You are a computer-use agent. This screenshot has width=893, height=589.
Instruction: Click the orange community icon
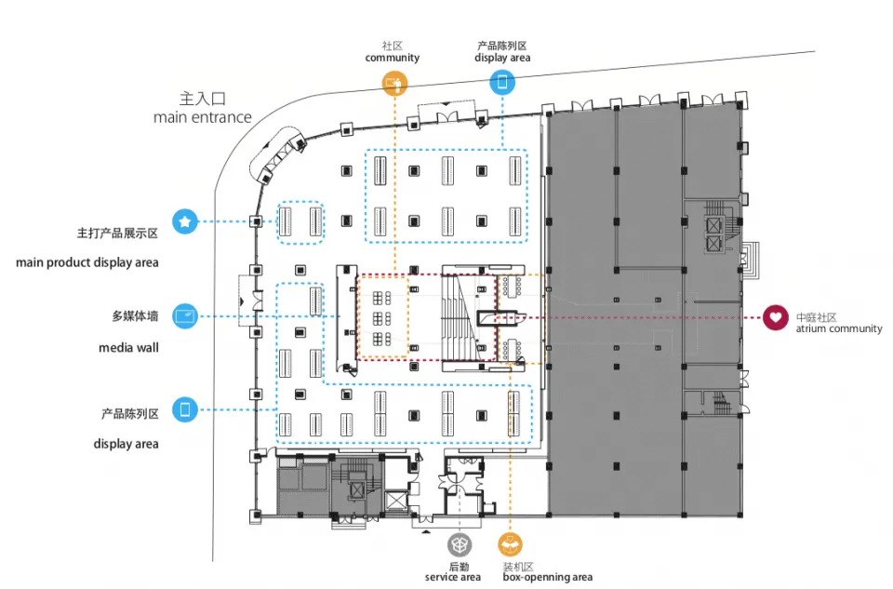pos(394,84)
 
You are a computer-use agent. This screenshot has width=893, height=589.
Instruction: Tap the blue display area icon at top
pos(502,83)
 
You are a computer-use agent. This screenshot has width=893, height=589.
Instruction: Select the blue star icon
pos(185,221)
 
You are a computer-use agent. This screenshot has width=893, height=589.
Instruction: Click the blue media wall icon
pos(185,315)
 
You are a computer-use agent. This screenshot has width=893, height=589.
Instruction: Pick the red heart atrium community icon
pos(775,317)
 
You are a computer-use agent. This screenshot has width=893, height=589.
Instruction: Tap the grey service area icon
pos(459,543)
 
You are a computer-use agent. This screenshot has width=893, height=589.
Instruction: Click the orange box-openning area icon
pos(510,543)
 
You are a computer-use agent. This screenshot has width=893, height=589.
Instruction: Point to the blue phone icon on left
pos(185,408)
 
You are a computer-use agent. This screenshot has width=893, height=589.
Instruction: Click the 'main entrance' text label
pos(203,117)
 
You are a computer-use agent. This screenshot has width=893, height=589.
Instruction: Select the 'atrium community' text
pos(838,329)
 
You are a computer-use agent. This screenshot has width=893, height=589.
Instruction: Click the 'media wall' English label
pos(128,348)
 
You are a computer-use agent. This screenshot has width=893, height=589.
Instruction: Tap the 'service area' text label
pos(453,578)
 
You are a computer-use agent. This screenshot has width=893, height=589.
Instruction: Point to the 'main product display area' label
pos(87,262)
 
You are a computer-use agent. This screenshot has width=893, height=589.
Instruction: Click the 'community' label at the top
pos(392,58)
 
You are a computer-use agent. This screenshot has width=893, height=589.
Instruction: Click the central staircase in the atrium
pos(459,316)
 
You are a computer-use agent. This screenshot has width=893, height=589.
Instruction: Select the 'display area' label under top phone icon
pos(502,58)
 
